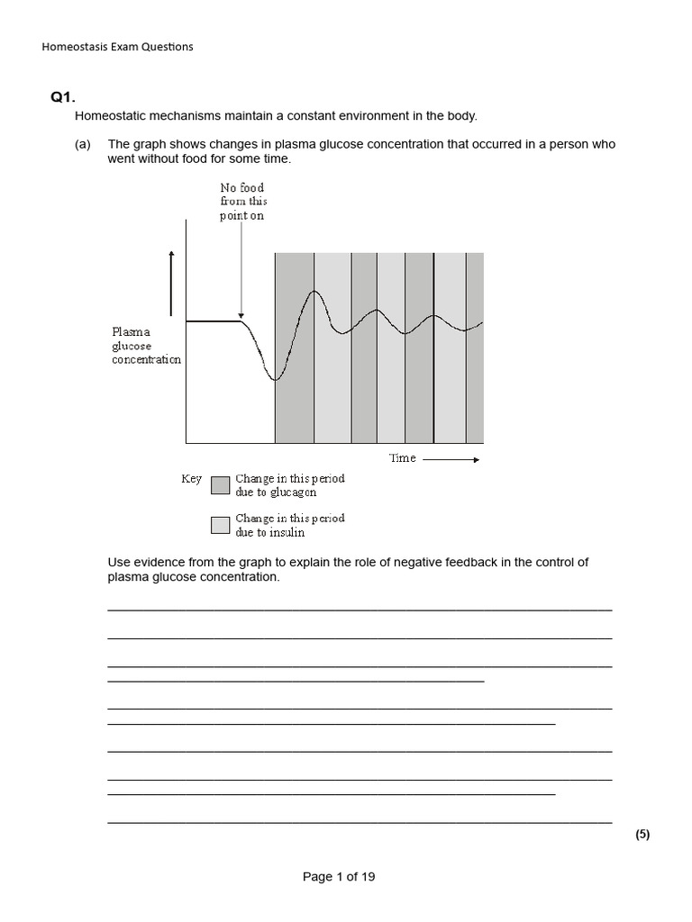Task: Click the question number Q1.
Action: (62, 97)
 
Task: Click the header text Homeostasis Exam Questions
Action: (117, 47)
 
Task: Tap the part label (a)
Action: (83, 144)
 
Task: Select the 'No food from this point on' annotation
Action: (242, 202)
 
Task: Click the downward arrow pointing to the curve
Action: (241, 270)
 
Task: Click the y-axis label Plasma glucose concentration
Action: (146, 346)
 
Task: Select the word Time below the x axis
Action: (402, 458)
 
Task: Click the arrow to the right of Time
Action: (451, 459)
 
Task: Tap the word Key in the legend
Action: (191, 479)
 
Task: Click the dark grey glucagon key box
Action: (220, 486)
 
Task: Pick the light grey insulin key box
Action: (220, 525)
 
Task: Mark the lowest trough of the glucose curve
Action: (276, 380)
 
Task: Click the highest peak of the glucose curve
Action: (314, 291)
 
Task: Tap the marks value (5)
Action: (642, 835)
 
